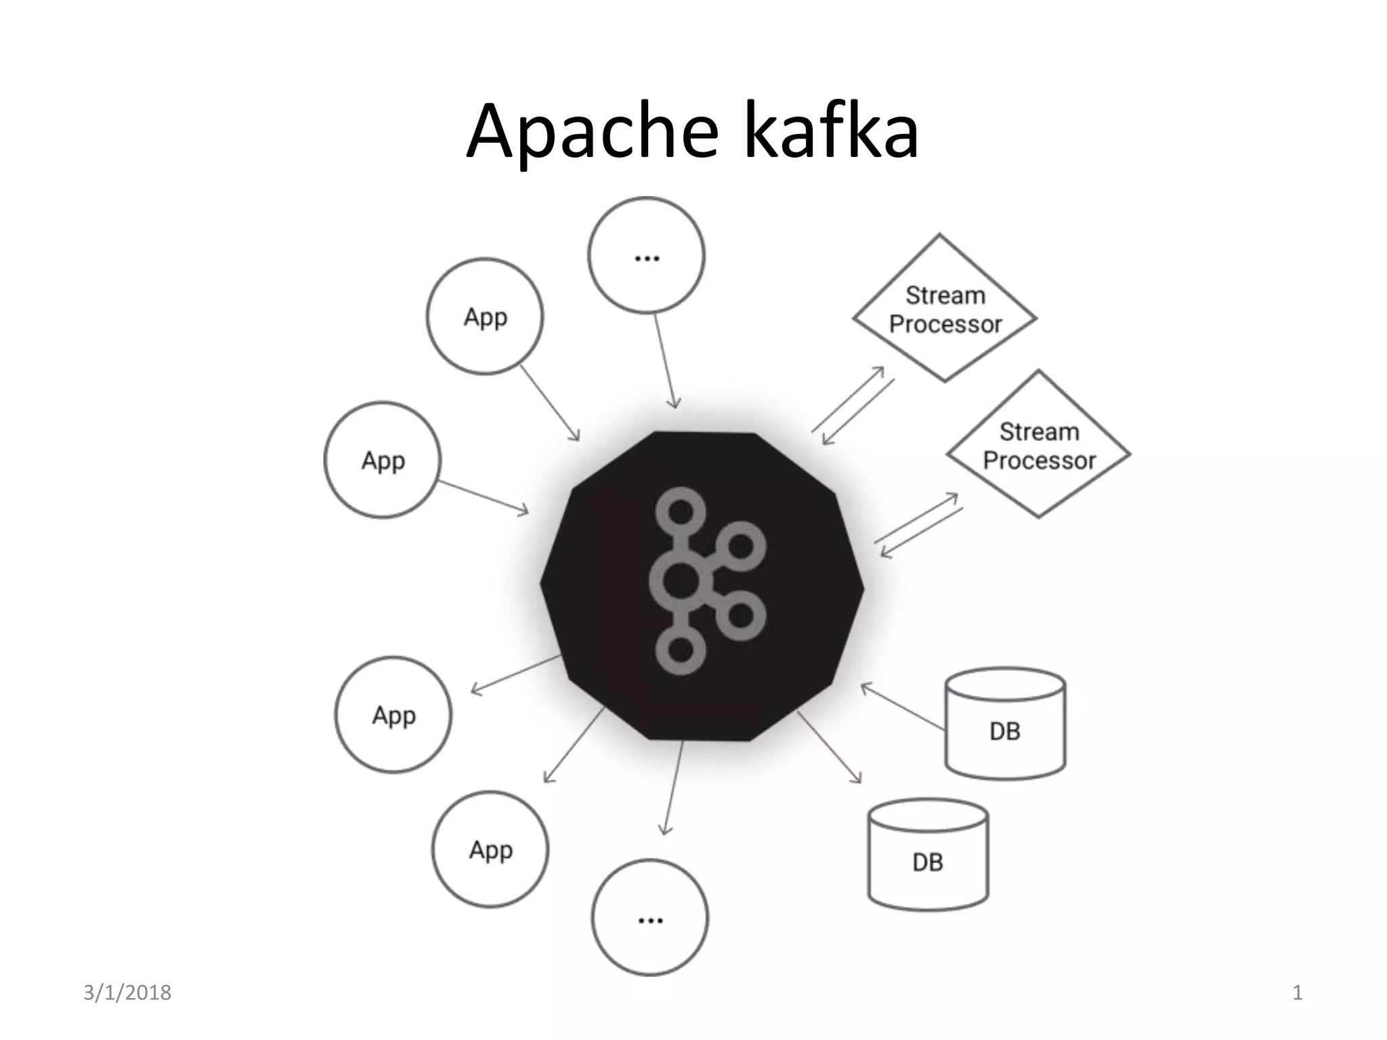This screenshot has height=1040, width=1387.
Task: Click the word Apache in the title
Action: pyautogui.click(x=591, y=132)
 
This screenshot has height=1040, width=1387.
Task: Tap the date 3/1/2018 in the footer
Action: pyautogui.click(x=127, y=993)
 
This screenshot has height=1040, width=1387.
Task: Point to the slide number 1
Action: pyautogui.click(x=1298, y=993)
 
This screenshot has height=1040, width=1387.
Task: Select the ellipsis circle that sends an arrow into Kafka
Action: pyautogui.click(x=646, y=255)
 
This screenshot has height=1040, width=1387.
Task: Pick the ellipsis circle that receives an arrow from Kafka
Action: pyautogui.click(x=649, y=917)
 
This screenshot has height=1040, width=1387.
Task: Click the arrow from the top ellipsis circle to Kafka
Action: pyautogui.click(x=665, y=362)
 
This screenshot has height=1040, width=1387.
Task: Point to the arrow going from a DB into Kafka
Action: pyautogui.click(x=903, y=707)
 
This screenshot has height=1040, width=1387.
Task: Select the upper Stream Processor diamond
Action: pyautogui.click(x=944, y=309)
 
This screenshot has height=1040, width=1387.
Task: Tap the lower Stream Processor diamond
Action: pyautogui.click(x=1038, y=445)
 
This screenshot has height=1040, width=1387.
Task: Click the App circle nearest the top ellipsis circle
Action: pyautogui.click(x=485, y=316)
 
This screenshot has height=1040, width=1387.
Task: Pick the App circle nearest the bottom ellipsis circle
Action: pyautogui.click(x=490, y=850)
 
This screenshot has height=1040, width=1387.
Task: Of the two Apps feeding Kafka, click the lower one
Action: pyautogui.click(x=383, y=460)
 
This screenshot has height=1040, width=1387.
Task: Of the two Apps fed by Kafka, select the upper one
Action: pyautogui.click(x=393, y=715)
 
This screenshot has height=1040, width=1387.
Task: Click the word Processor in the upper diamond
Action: pyautogui.click(x=945, y=324)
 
